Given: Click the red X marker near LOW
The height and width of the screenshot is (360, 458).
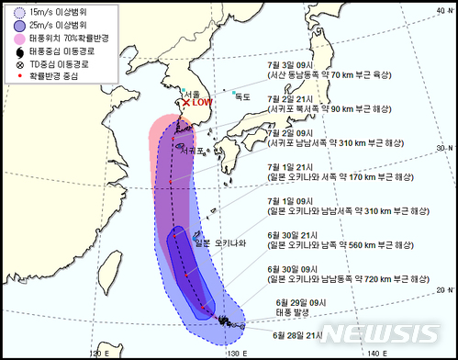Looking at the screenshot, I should [187, 103].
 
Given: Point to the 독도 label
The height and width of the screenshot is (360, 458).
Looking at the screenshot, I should [242, 96].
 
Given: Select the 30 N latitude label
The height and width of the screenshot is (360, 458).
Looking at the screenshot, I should [445, 149].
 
